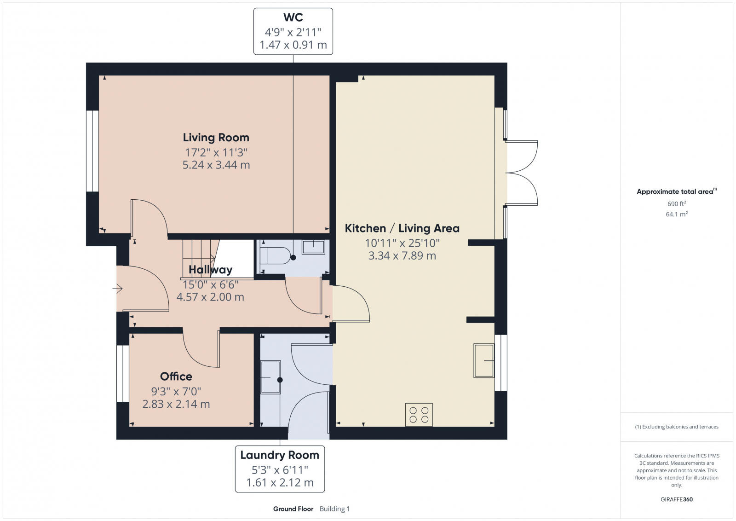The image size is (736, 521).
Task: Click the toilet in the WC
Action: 275,255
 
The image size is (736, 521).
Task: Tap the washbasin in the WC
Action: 313,247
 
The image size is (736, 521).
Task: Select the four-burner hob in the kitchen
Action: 419,414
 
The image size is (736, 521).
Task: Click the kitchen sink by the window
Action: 484,361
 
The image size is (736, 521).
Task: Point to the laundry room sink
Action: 270,377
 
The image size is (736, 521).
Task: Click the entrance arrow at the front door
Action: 118,289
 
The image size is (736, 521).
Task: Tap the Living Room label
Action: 216,137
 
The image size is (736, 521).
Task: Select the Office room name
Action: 176,376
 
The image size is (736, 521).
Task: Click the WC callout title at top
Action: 293,17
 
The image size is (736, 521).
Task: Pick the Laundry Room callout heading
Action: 280,455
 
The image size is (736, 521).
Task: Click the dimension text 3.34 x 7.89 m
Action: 402,255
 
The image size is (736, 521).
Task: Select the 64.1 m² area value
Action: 677,214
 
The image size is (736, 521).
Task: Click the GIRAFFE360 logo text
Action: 677,499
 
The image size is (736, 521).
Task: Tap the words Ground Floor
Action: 293,509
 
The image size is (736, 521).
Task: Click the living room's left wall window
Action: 92,151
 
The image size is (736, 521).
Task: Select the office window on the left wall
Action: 122,373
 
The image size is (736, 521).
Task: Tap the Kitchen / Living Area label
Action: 402,228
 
